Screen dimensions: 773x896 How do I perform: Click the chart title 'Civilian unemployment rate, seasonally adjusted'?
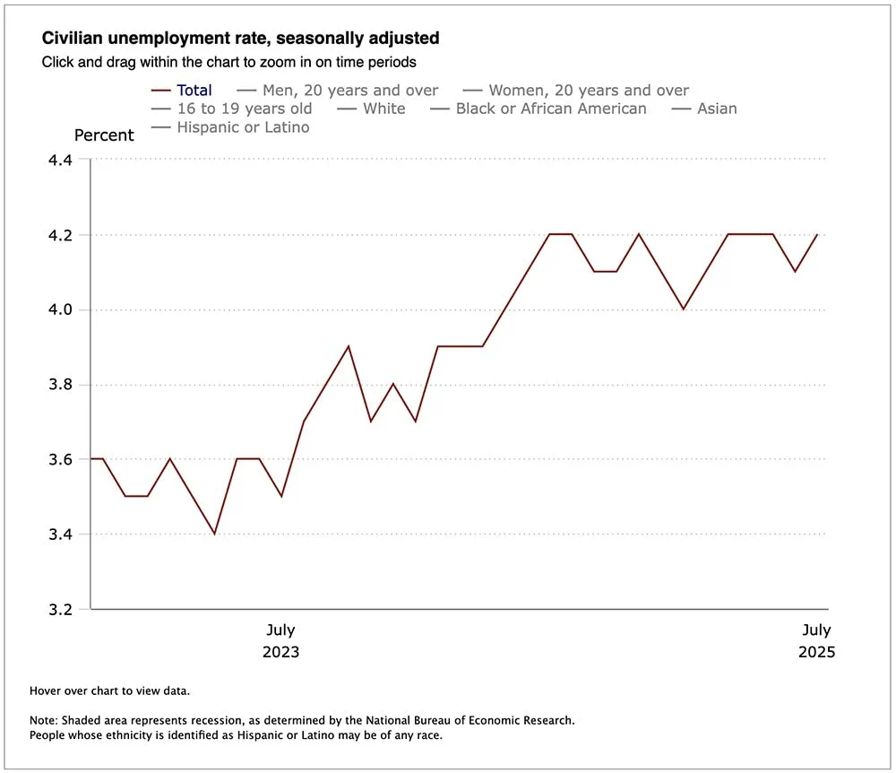(240, 39)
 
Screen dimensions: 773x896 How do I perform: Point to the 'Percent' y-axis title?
(104, 135)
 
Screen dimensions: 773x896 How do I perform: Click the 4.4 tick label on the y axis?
(64, 160)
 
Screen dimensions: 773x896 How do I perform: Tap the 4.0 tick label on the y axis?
(64, 310)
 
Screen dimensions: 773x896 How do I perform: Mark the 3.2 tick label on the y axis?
(64, 610)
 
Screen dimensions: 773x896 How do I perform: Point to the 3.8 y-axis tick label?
(64, 385)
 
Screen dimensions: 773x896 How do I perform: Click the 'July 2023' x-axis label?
(280, 640)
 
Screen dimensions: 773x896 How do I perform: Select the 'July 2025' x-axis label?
(816, 640)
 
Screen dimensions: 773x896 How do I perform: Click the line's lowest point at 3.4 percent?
(214, 534)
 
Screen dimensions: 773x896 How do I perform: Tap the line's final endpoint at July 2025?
(817, 235)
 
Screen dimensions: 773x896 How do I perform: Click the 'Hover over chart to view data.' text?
(109, 690)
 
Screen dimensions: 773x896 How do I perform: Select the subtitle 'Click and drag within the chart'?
(228, 63)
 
